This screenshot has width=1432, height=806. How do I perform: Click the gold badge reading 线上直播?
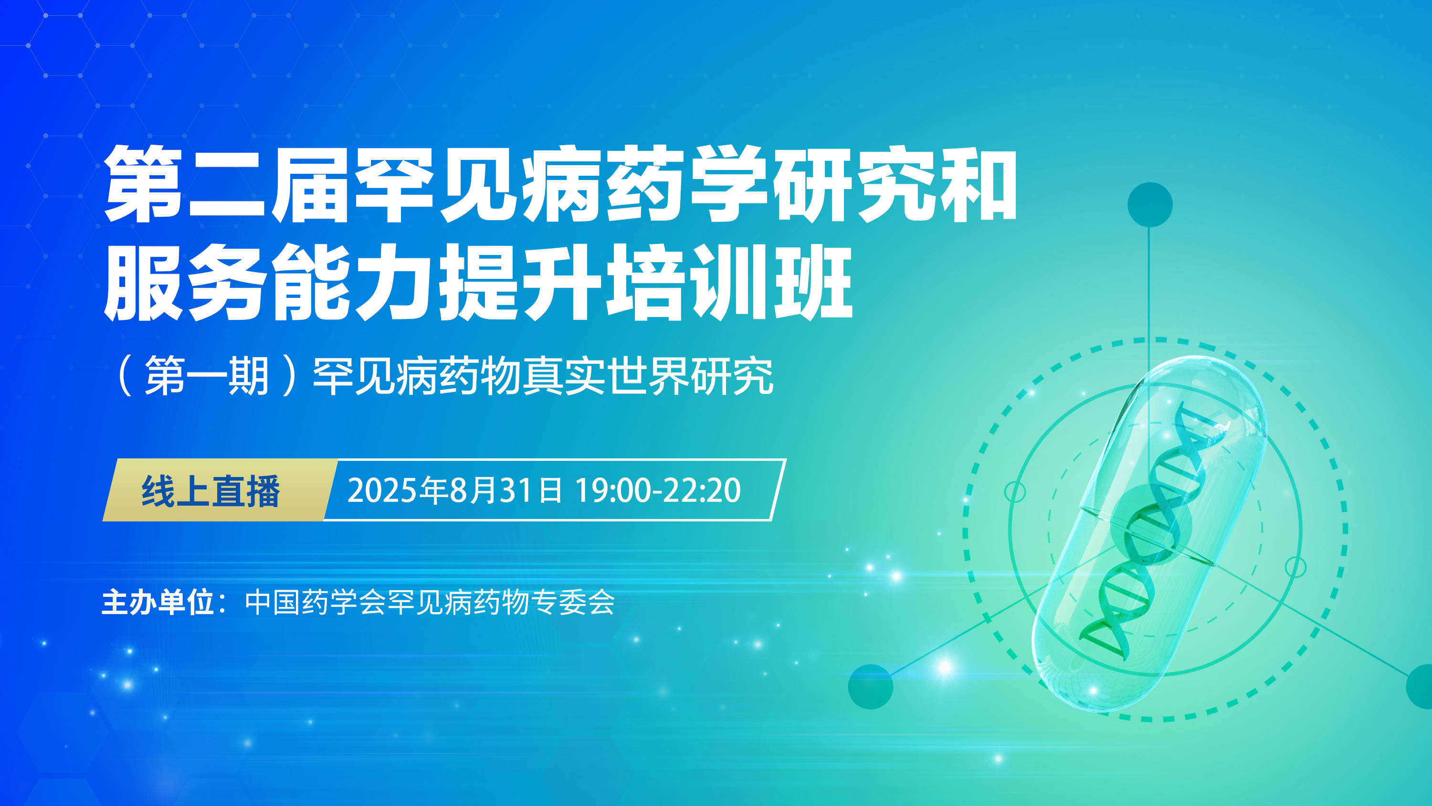tap(220, 490)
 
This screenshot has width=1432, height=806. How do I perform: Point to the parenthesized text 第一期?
tap(207, 376)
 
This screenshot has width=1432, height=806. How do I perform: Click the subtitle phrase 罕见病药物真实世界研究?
tap(543, 376)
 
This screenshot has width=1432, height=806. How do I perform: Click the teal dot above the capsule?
tap(1149, 205)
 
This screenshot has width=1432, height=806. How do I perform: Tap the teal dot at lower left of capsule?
tap(871, 687)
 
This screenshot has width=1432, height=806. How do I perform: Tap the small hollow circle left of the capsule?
tap(1015, 492)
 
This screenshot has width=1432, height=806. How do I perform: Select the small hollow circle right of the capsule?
tap(1296, 567)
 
